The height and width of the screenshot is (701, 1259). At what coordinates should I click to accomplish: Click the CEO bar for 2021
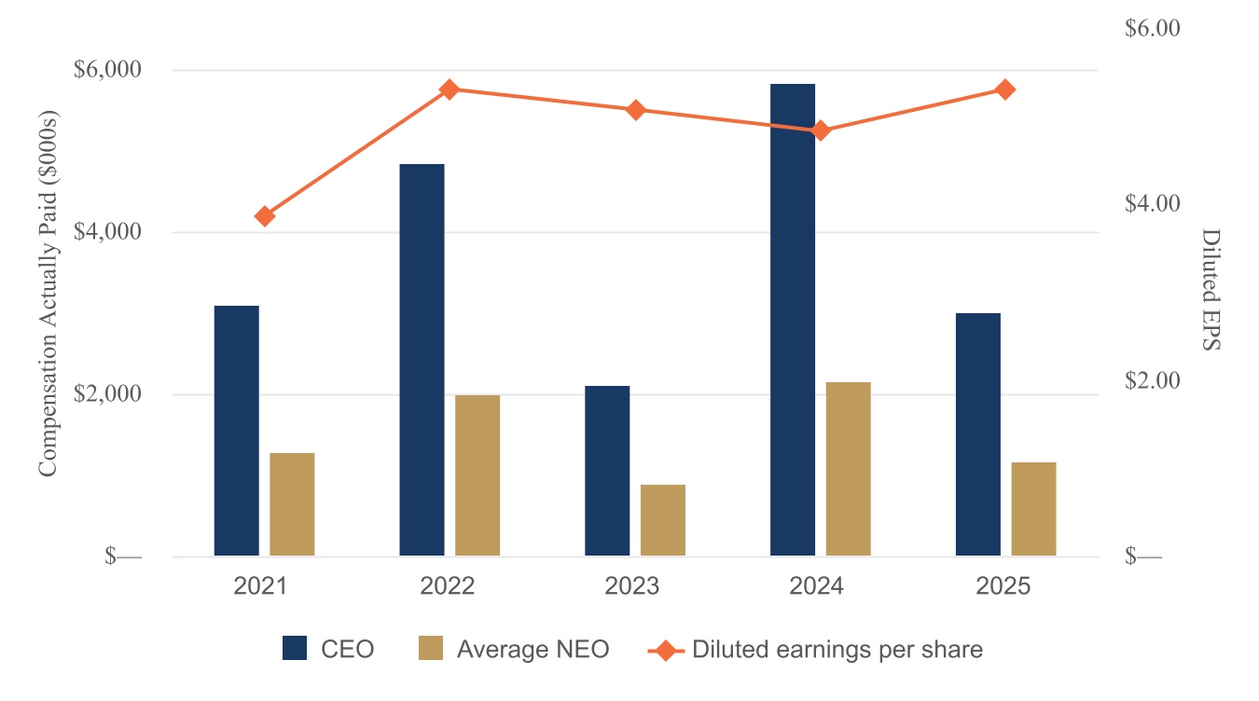(236, 431)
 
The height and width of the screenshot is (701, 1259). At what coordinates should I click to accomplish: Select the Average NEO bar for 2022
(477, 475)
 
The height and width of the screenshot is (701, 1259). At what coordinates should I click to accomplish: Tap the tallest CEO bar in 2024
(793, 320)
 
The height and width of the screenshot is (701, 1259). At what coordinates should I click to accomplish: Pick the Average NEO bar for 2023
(663, 520)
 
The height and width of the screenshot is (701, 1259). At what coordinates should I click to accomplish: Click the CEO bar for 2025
(978, 434)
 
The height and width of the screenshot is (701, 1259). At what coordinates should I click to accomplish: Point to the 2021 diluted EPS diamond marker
(265, 216)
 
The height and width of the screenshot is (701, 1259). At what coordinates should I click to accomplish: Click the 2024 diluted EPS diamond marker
(821, 131)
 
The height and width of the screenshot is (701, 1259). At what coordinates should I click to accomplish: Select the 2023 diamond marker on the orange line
(636, 110)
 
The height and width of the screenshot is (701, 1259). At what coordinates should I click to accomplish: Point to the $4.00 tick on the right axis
(1154, 203)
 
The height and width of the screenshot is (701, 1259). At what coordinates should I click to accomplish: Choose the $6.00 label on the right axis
(1154, 28)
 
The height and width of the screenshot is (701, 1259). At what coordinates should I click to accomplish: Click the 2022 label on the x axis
(448, 586)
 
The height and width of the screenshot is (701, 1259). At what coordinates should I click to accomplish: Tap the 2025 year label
(1003, 586)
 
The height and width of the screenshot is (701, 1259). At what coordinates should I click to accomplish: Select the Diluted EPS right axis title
(1210, 289)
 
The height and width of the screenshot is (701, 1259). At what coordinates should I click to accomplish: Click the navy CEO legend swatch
(295, 649)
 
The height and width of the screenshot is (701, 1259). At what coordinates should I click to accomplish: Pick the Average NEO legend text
(533, 649)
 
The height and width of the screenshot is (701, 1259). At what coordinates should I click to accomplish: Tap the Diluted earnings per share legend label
(837, 649)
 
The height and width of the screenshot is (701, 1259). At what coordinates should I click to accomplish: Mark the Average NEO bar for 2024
(848, 469)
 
